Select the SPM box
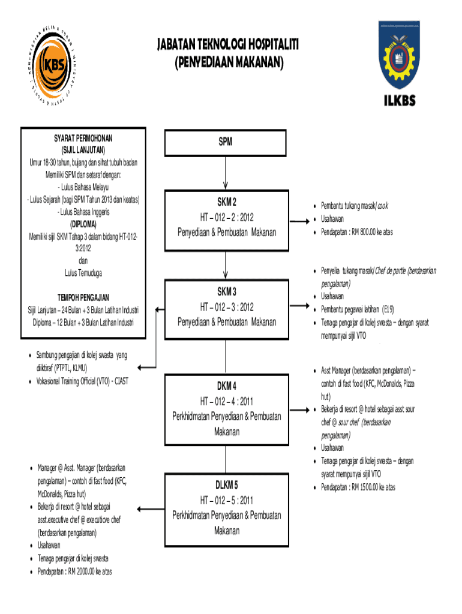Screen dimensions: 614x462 [225, 142]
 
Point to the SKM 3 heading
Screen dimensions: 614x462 [226, 291]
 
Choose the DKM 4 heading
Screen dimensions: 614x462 [226, 385]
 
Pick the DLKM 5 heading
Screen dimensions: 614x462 [227, 484]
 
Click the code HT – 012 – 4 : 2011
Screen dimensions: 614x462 [226, 401]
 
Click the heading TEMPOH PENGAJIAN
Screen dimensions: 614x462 [83, 297]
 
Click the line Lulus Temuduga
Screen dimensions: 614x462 [83, 273]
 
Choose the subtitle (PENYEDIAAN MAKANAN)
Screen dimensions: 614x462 [227, 62]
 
